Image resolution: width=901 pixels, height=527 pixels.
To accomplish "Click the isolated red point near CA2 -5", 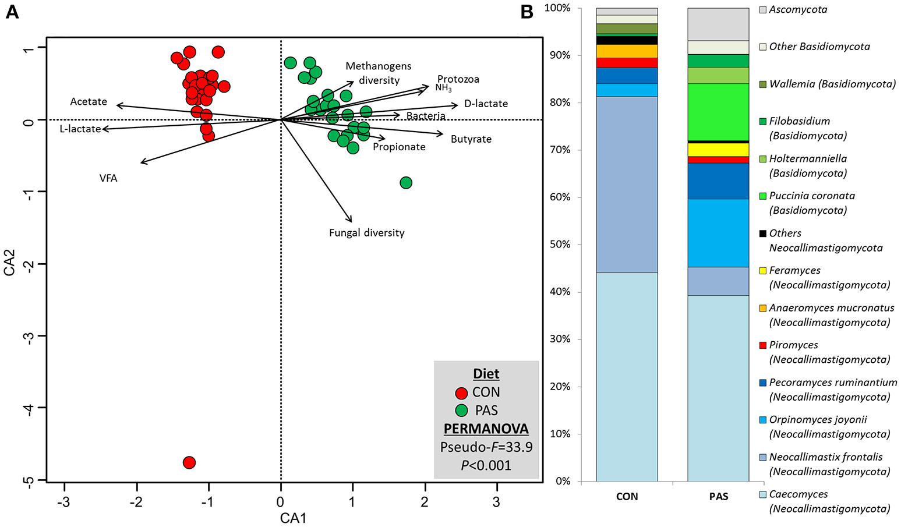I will click(x=189, y=462).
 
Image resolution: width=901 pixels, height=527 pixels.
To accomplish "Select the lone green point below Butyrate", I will click(x=406, y=183).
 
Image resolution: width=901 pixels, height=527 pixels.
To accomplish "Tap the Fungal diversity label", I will click(x=366, y=233).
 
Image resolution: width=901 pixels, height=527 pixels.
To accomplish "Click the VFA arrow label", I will click(x=108, y=178).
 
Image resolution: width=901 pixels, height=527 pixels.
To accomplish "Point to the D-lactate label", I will click(x=486, y=104).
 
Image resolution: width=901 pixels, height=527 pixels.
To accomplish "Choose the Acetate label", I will click(x=89, y=102).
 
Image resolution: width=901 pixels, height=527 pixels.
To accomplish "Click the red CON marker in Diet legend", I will click(x=461, y=392).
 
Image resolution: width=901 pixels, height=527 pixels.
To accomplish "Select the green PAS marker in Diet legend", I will click(x=461, y=411).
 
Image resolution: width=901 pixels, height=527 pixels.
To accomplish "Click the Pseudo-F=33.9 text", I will click(x=486, y=447).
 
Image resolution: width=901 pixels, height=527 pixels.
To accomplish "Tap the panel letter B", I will click(x=527, y=12).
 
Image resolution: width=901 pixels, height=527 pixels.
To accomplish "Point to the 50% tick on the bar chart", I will click(x=560, y=245).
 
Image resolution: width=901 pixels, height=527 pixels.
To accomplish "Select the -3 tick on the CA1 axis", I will click(x=64, y=502).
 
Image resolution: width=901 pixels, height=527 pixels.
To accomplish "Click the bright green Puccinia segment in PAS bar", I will click(x=718, y=112).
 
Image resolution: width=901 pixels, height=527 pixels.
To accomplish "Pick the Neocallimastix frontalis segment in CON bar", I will click(x=627, y=185).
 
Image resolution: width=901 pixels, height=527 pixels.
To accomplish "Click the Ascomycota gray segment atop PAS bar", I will click(x=718, y=24).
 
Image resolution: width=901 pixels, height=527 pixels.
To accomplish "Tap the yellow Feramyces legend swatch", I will click(x=762, y=271).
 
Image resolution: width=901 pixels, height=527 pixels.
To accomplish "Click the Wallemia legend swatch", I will click(x=762, y=84).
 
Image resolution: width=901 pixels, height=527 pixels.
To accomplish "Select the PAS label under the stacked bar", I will click(x=719, y=497).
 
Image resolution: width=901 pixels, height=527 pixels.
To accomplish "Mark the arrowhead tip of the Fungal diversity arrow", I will click(x=352, y=222).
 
